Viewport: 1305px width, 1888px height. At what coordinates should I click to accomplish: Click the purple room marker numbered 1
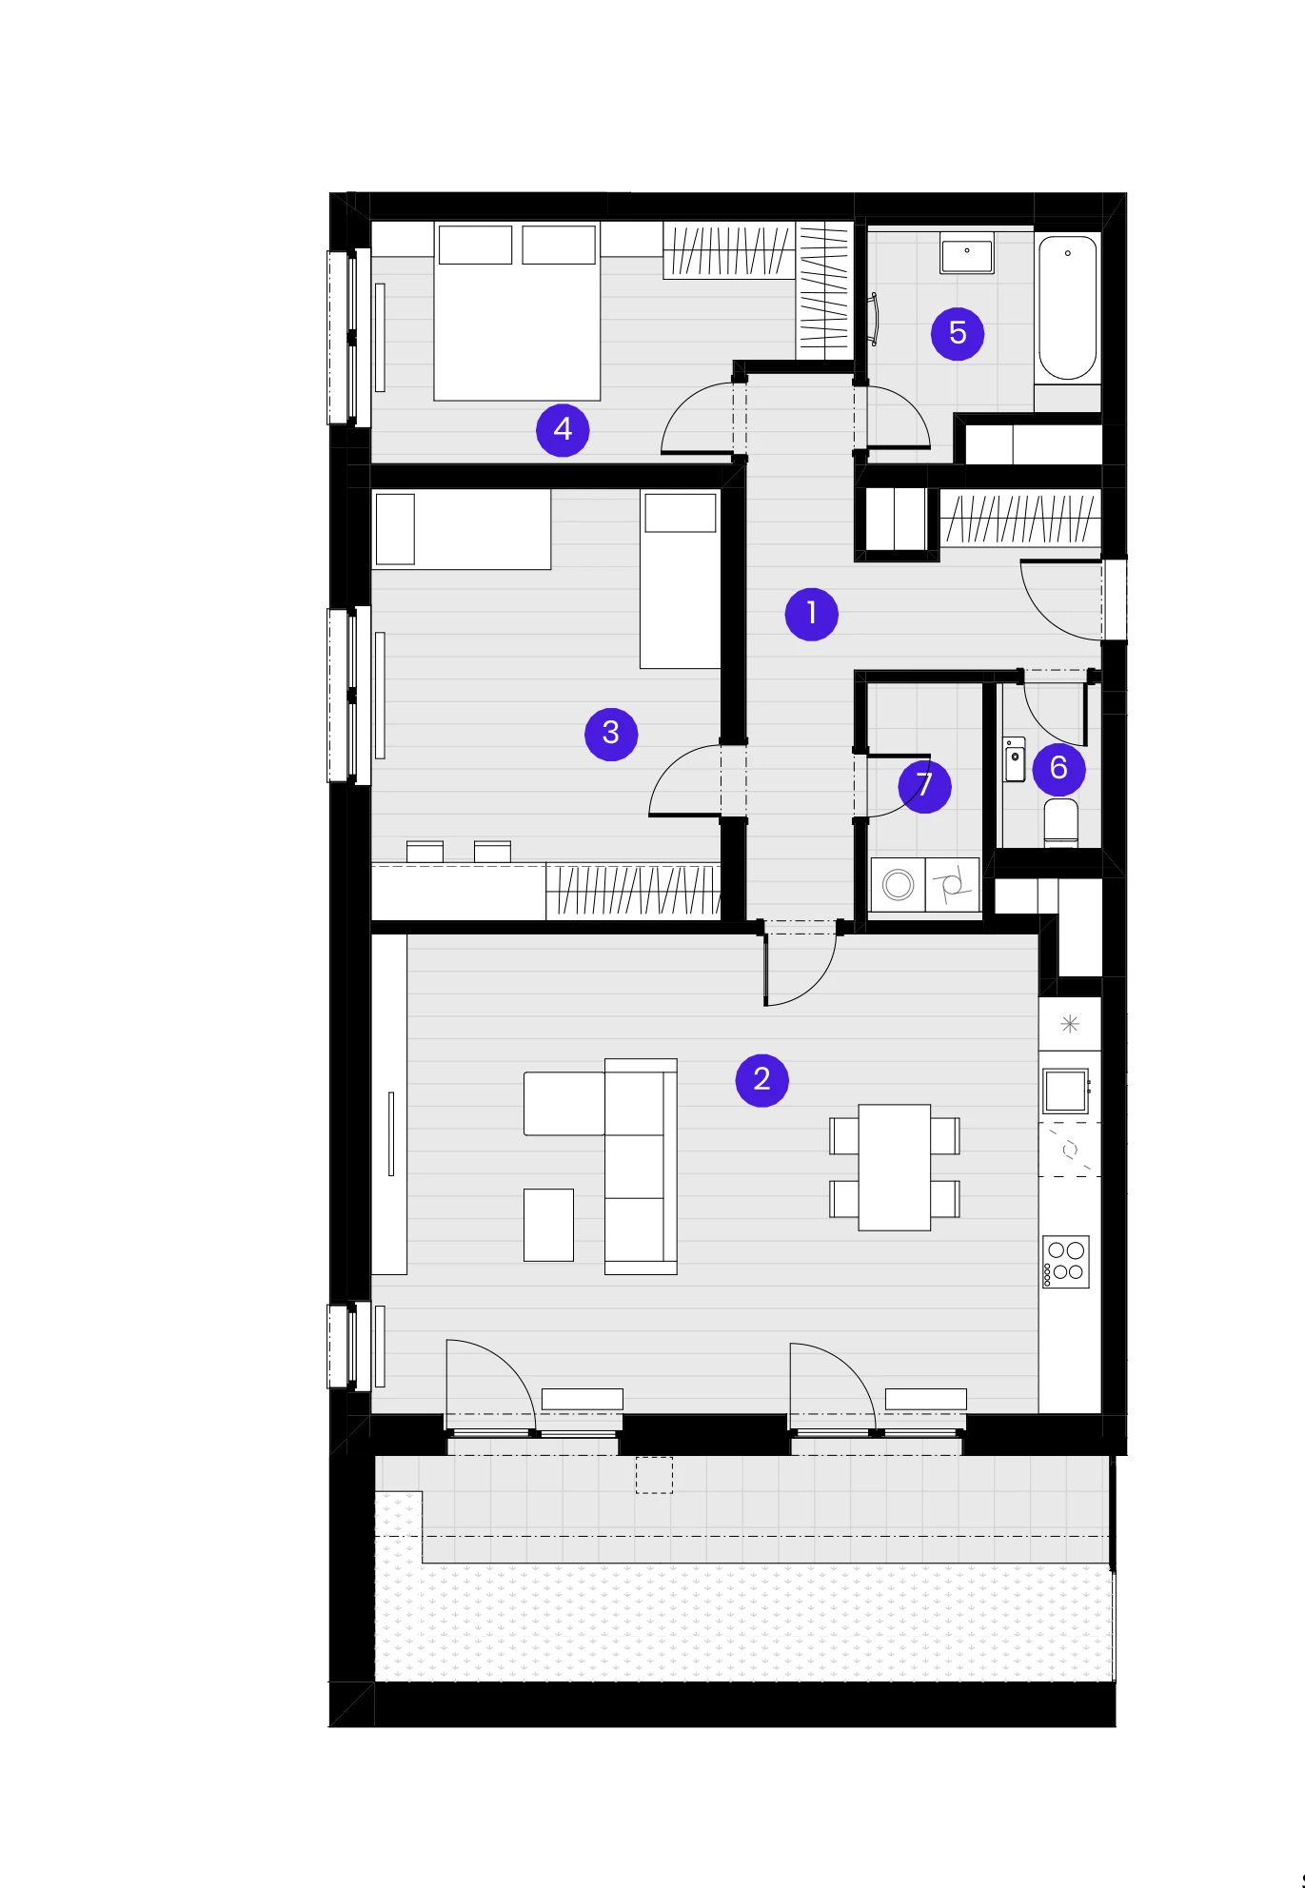(811, 614)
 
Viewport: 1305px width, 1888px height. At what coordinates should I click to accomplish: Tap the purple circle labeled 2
(762, 1080)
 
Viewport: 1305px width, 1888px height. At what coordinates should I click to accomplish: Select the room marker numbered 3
(611, 734)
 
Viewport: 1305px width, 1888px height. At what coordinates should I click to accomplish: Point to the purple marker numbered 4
(563, 430)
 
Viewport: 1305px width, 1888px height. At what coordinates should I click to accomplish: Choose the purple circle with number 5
(958, 333)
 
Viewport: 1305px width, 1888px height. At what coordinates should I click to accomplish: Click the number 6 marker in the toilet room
(1058, 768)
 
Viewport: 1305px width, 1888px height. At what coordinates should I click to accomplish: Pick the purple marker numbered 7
(924, 786)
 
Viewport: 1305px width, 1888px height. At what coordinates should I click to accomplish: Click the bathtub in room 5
(1068, 308)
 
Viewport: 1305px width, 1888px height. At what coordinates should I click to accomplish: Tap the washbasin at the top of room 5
(967, 254)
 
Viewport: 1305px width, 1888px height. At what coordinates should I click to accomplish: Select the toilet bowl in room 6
(1060, 823)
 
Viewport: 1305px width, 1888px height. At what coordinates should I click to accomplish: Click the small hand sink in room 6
(1015, 758)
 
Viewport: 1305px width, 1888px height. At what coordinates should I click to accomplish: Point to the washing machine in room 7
(898, 885)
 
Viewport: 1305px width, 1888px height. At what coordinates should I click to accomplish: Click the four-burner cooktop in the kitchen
(1066, 1262)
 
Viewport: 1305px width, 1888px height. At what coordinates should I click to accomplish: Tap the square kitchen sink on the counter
(1066, 1091)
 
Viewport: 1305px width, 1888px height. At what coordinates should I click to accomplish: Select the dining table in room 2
(895, 1168)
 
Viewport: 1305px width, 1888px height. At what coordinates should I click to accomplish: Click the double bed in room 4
(517, 311)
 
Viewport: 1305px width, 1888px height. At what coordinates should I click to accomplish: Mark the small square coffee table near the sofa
(549, 1225)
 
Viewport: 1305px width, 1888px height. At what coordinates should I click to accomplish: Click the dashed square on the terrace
(654, 1475)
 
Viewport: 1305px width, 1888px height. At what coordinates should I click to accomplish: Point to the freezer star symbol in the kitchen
(1070, 1024)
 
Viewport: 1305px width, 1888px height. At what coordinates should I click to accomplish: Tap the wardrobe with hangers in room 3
(633, 892)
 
